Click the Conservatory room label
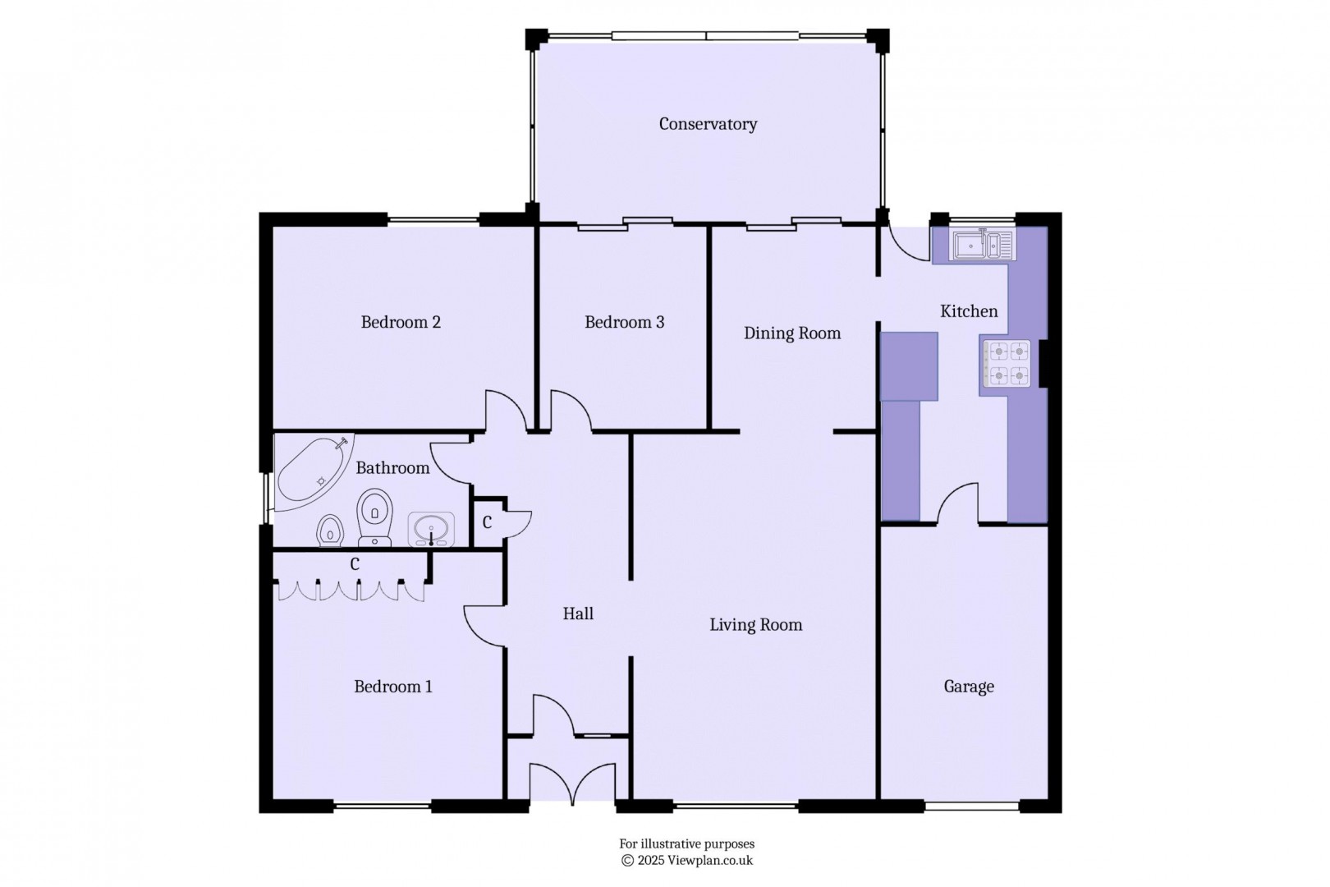[x=708, y=124]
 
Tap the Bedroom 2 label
[x=401, y=322]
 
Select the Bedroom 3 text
[x=624, y=322]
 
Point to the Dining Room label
[x=792, y=333]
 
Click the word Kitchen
[x=969, y=311]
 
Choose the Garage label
[x=969, y=687]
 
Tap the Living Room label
[x=755, y=625]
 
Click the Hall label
[x=578, y=614]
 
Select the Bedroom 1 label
[x=392, y=687]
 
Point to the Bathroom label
[x=392, y=468]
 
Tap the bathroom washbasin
[x=431, y=529]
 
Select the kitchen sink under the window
[x=982, y=244]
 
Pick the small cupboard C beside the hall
[x=487, y=522]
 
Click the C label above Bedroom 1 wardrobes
[x=355, y=565]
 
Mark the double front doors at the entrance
[x=572, y=783]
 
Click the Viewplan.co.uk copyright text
[x=686, y=861]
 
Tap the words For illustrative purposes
[x=686, y=843]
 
